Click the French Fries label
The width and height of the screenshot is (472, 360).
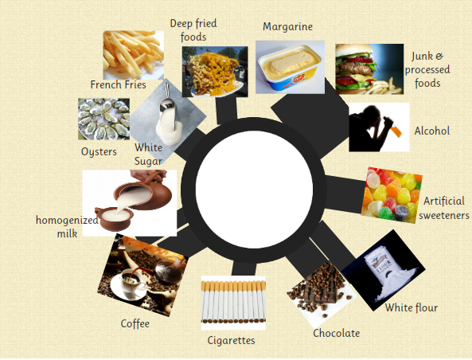[119, 84]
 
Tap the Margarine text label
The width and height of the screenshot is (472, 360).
[287, 27]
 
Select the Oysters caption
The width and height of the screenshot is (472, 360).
[99, 152]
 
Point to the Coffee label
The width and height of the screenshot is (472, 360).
[135, 323]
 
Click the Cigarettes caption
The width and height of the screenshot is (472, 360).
[231, 340]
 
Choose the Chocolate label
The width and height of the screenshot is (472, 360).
[336, 333]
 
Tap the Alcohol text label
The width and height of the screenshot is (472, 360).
[432, 131]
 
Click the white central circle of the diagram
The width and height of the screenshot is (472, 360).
[255, 190]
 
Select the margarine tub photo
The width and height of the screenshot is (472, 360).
[291, 67]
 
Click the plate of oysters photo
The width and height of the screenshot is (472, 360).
[103, 119]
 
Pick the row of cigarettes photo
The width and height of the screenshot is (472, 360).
[233, 303]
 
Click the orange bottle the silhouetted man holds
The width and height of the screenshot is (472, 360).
[396, 131]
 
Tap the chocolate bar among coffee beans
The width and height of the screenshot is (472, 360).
[321, 289]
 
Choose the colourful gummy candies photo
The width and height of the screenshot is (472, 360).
[392, 195]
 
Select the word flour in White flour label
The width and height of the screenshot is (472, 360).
[425, 307]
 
